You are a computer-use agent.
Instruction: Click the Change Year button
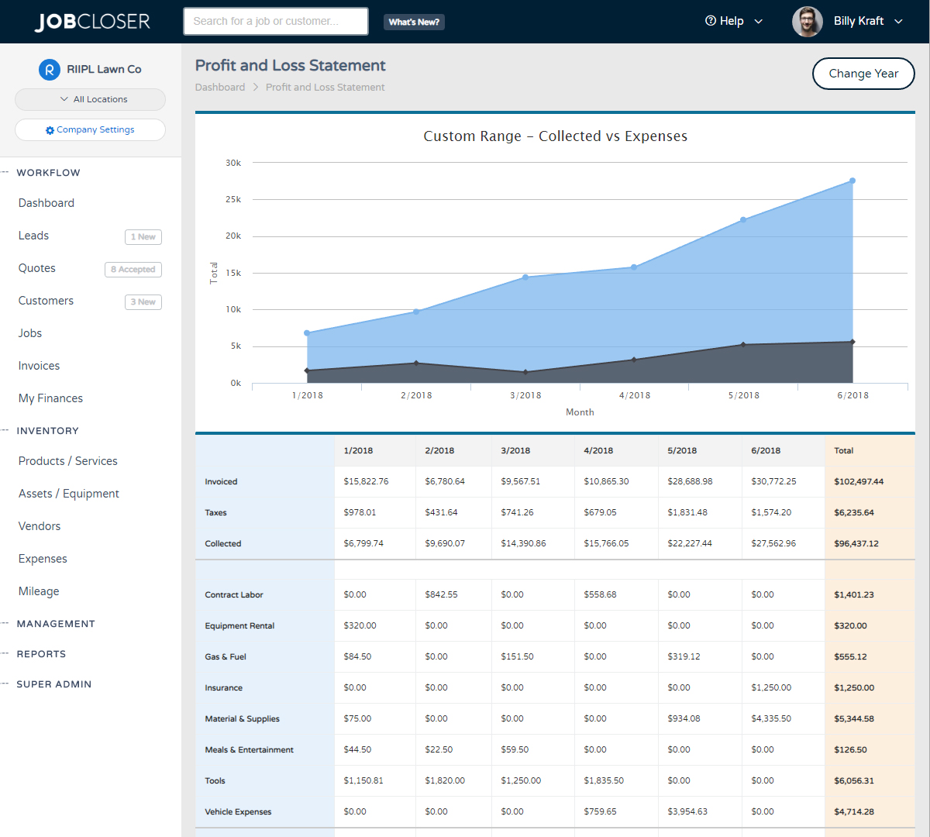click(863, 74)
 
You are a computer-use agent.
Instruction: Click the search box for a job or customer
click(275, 22)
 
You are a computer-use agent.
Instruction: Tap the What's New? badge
click(414, 22)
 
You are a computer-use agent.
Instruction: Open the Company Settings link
click(91, 130)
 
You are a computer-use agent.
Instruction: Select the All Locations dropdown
click(91, 99)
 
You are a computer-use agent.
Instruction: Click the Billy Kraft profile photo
click(807, 22)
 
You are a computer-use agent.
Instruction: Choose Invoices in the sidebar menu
click(40, 366)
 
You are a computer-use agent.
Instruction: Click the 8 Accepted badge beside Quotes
click(133, 270)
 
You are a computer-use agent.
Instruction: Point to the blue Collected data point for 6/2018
click(852, 181)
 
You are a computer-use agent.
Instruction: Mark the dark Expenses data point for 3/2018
click(525, 372)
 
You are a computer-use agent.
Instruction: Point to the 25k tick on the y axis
click(233, 199)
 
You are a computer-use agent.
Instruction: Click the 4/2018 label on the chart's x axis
click(635, 395)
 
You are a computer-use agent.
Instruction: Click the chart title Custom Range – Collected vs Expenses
click(555, 136)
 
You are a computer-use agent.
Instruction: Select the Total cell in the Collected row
click(856, 543)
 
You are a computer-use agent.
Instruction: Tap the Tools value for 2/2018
click(445, 780)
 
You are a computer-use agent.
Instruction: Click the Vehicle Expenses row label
click(238, 811)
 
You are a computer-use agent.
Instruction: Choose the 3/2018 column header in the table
click(515, 450)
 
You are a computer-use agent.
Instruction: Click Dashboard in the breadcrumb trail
click(220, 88)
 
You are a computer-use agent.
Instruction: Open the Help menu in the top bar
click(733, 22)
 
